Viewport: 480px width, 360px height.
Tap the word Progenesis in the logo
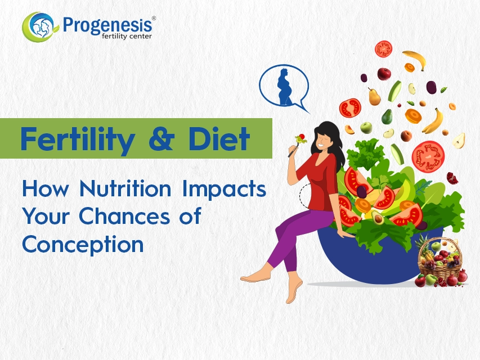pyautogui.click(x=107, y=25)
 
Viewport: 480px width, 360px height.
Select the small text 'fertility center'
pyautogui.click(x=127, y=37)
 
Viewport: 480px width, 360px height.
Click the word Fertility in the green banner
pyautogui.click(x=78, y=139)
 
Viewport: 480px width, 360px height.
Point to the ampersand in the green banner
pyautogui.click(x=162, y=139)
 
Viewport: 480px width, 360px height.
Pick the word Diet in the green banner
pyautogui.click(x=219, y=138)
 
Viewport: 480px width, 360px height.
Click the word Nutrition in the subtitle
pyautogui.click(x=125, y=188)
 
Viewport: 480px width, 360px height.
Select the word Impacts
pyautogui.click(x=224, y=190)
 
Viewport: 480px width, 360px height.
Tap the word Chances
pyautogui.click(x=124, y=216)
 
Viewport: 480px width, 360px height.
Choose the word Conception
pyautogui.click(x=83, y=245)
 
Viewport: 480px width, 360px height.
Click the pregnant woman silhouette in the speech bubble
pyautogui.click(x=284, y=87)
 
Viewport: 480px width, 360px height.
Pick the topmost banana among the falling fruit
pyautogui.click(x=415, y=60)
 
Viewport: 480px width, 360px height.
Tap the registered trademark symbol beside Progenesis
pyautogui.click(x=154, y=19)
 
